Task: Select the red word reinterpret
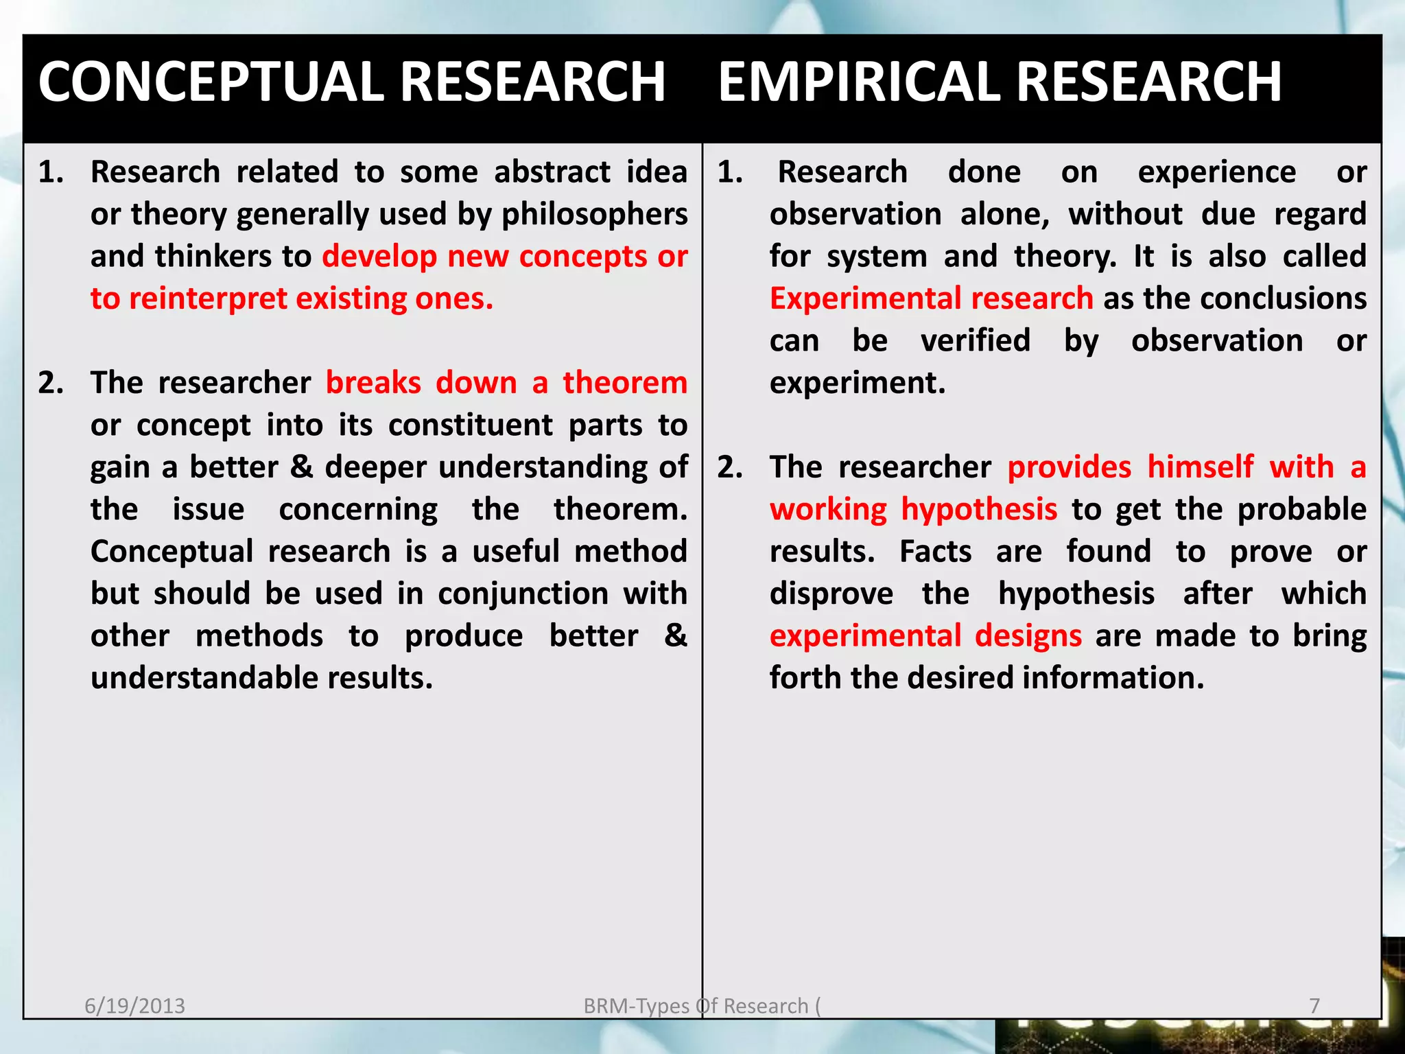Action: (208, 299)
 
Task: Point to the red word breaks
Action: (373, 383)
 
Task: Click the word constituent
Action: (470, 425)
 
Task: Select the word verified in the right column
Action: (975, 341)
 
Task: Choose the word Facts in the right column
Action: (935, 552)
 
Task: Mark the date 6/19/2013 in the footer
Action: (134, 1006)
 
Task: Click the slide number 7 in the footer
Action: (1314, 1006)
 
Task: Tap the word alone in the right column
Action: (1004, 215)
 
